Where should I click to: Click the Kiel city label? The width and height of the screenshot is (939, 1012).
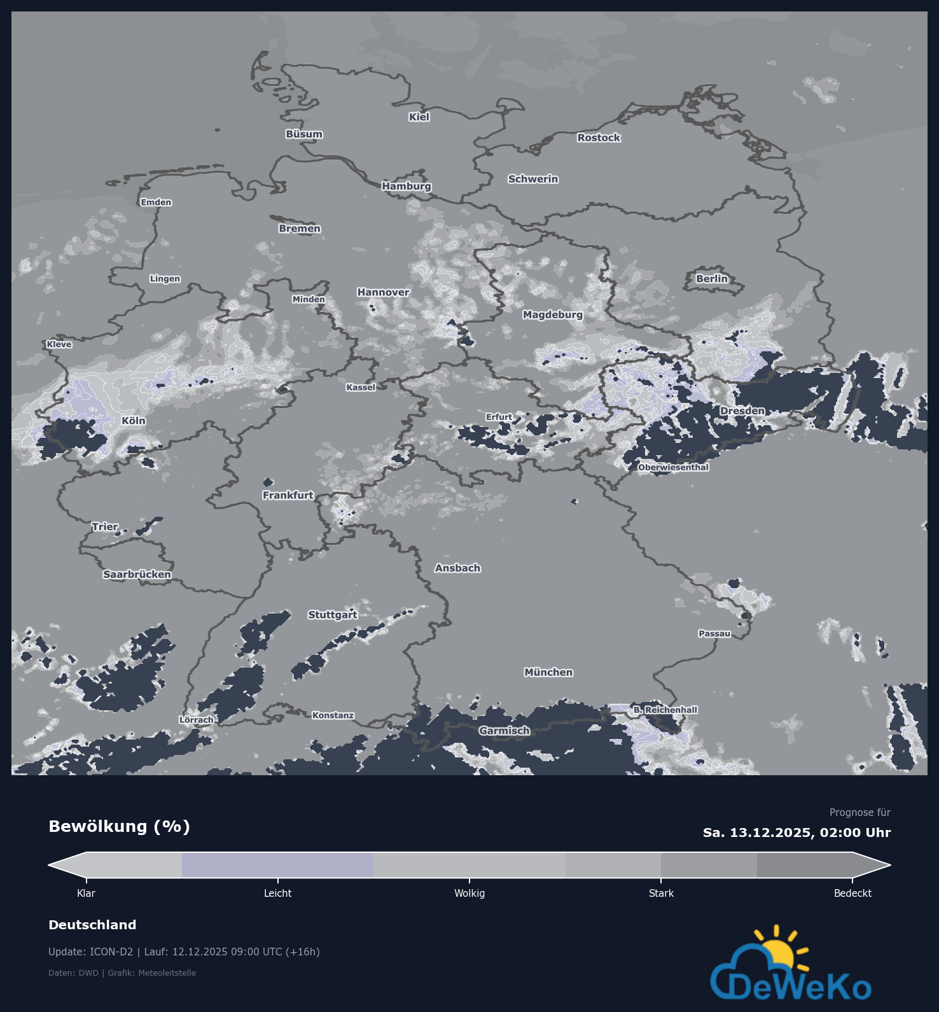point(419,117)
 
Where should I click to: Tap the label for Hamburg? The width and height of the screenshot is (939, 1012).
point(407,186)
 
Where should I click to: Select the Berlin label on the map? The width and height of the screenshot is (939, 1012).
point(712,279)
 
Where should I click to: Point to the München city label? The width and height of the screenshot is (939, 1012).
point(548,673)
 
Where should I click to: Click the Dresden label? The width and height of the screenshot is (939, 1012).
point(742,411)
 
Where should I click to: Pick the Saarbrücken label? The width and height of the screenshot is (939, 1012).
point(137,575)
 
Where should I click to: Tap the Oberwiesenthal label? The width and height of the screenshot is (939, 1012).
point(673,468)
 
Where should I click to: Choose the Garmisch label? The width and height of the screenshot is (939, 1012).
point(504,731)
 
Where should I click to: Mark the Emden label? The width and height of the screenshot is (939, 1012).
point(156,202)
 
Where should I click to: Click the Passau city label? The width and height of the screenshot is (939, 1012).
point(714,634)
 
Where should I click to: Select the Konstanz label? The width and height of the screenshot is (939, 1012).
point(333,715)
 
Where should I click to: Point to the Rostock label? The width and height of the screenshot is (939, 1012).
point(599,138)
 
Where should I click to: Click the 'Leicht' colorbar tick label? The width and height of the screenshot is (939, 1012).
point(278,894)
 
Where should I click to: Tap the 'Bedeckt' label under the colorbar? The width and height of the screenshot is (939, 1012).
point(852,894)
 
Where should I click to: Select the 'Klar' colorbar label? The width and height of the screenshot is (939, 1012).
point(86,894)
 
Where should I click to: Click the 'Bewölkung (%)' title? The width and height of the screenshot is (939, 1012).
point(120,827)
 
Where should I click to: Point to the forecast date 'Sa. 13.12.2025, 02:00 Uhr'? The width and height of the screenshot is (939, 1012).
point(796,833)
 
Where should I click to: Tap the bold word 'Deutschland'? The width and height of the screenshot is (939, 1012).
point(92,925)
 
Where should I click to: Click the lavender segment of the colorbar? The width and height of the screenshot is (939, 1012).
point(277,866)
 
